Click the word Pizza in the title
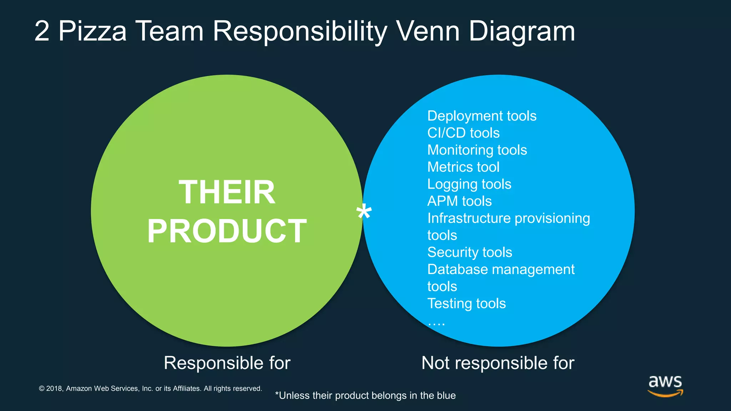click(x=92, y=31)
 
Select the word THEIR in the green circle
click(x=227, y=192)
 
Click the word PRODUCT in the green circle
click(x=227, y=231)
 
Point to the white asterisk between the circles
click(x=364, y=213)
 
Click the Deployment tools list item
click(x=482, y=116)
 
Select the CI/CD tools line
click(x=463, y=133)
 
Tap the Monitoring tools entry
click(x=477, y=150)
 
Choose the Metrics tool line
click(x=463, y=167)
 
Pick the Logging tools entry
click(x=469, y=184)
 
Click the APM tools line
click(x=459, y=201)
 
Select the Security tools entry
click(x=470, y=252)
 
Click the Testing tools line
click(x=467, y=304)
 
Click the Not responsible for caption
click(x=498, y=363)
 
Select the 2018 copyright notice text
click(x=150, y=389)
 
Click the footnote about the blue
click(x=365, y=396)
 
